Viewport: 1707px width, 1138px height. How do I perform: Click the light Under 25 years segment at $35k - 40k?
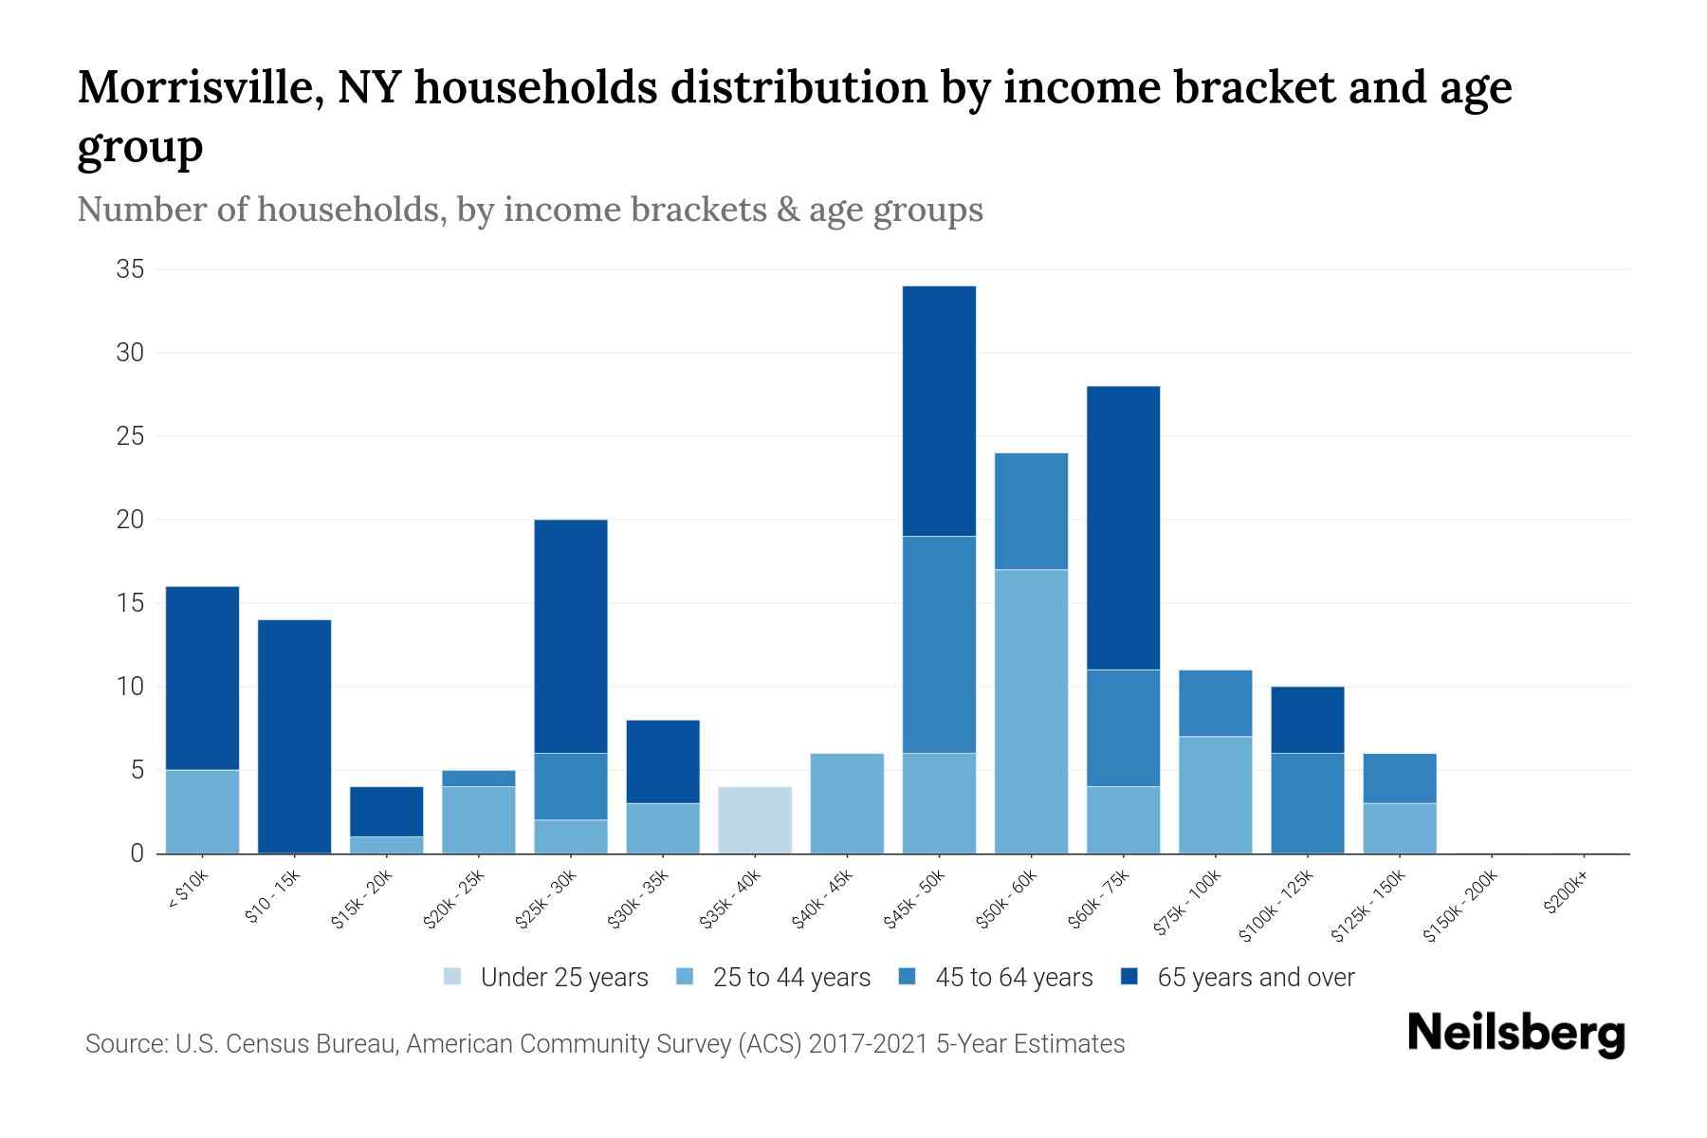755,819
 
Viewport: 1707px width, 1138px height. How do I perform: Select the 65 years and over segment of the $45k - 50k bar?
939,411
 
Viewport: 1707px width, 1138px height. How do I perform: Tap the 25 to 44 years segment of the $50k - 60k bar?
1031,711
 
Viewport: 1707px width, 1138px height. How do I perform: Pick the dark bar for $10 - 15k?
294,736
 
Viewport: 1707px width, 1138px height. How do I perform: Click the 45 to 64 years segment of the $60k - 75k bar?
1123,727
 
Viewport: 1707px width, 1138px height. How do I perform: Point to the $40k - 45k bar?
847,803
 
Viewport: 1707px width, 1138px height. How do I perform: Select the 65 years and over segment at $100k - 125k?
1307,719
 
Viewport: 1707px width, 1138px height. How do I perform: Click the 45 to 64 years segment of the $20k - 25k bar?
478,778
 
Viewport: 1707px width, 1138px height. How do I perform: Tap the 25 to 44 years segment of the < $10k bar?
202,811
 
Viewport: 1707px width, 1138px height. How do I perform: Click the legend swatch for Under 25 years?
453,977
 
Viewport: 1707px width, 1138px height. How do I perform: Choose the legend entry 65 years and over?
1255,977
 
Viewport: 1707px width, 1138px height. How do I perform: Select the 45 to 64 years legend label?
1013,977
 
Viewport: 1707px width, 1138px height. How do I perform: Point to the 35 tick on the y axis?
130,269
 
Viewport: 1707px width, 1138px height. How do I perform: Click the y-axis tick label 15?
130,603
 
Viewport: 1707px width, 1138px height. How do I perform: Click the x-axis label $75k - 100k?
1187,904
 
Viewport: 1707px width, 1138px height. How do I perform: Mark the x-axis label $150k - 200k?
1459,907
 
